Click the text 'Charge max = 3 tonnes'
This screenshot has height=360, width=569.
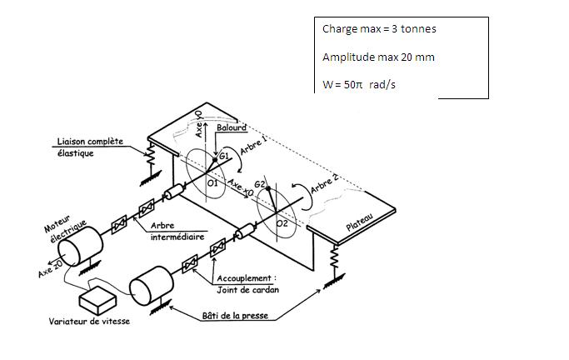(379, 29)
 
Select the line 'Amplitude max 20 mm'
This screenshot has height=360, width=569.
(377, 57)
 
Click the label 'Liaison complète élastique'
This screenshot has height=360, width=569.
(89, 147)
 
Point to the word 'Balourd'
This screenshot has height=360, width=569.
(231, 129)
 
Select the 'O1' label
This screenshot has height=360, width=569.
(212, 181)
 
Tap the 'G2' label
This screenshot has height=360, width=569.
(260, 183)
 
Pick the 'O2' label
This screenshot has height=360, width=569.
(282, 223)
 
